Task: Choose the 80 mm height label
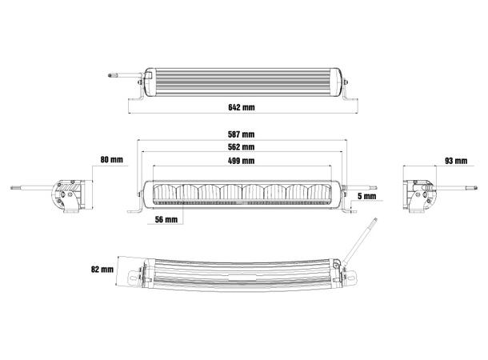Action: pyautogui.click(x=111, y=161)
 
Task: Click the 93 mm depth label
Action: pyautogui.click(x=454, y=161)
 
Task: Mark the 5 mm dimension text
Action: pyautogui.click(x=367, y=195)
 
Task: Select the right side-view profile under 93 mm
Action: pyautogui.click(x=422, y=195)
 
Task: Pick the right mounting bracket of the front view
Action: pyautogui.click(x=350, y=207)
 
